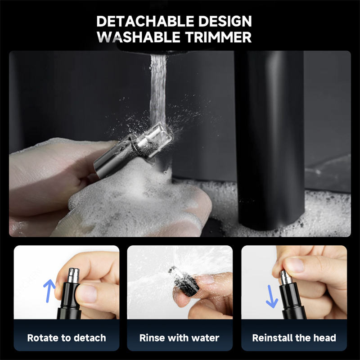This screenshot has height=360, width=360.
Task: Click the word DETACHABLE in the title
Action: [x=145, y=21]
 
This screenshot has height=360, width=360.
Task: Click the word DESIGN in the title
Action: [x=225, y=21]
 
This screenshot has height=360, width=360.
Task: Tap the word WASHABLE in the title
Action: [x=139, y=37]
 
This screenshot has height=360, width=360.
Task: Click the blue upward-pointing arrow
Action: [x=49, y=291]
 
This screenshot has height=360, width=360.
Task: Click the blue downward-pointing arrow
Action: [x=272, y=297]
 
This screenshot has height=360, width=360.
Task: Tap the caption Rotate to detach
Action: [x=67, y=338]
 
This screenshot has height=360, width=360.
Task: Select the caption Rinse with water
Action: [x=179, y=338]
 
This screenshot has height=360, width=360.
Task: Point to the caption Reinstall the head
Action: [x=294, y=338]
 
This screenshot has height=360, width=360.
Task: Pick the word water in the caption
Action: [x=205, y=338]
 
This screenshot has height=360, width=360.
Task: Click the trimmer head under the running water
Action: [x=134, y=150]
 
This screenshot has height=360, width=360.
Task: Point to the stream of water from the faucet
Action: [x=158, y=90]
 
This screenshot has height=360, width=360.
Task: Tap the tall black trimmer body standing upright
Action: [x=271, y=140]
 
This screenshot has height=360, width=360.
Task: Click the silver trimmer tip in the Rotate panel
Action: [x=73, y=275]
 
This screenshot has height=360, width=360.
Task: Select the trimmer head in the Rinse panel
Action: [x=184, y=282]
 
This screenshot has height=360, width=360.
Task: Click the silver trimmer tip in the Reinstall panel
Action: [x=286, y=277]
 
